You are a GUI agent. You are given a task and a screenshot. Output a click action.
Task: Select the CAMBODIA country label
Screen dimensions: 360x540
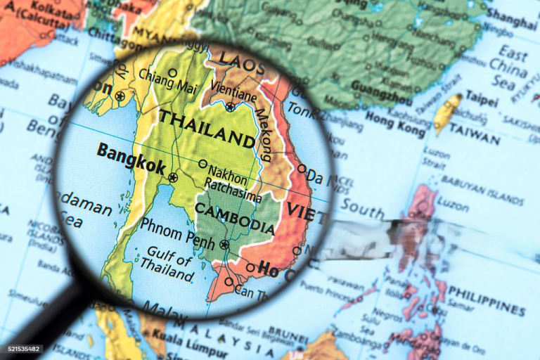pyautogui.click(x=234, y=218)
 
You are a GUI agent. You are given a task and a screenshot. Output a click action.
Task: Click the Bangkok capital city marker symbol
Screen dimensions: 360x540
pyautogui.click(x=173, y=178)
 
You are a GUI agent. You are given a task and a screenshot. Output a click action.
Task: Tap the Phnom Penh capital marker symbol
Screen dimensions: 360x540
pyautogui.click(x=224, y=245)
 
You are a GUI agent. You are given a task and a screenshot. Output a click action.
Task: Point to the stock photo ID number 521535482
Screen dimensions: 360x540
pyautogui.click(x=21, y=349)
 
